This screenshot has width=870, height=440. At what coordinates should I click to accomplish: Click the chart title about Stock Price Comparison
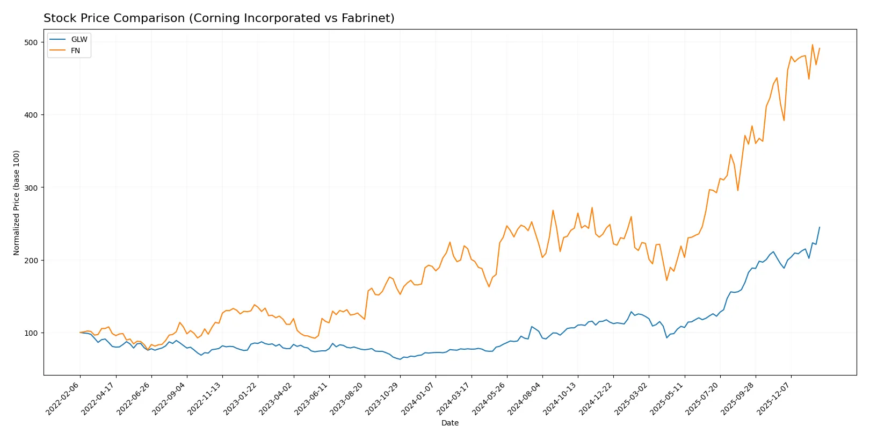click(219, 18)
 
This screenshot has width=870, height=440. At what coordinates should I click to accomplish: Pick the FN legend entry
click(75, 51)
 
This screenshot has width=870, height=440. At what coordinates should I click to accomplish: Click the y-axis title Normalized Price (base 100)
click(17, 203)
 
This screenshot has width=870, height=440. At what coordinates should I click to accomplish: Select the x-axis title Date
click(450, 423)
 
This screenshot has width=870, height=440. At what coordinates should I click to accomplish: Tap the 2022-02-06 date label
click(64, 398)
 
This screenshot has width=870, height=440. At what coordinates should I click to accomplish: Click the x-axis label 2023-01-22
click(242, 398)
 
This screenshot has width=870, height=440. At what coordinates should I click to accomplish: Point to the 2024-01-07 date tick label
click(419, 398)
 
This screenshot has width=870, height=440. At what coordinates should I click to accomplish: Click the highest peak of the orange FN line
click(813, 45)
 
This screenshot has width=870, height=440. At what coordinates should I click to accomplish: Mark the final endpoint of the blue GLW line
click(820, 227)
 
